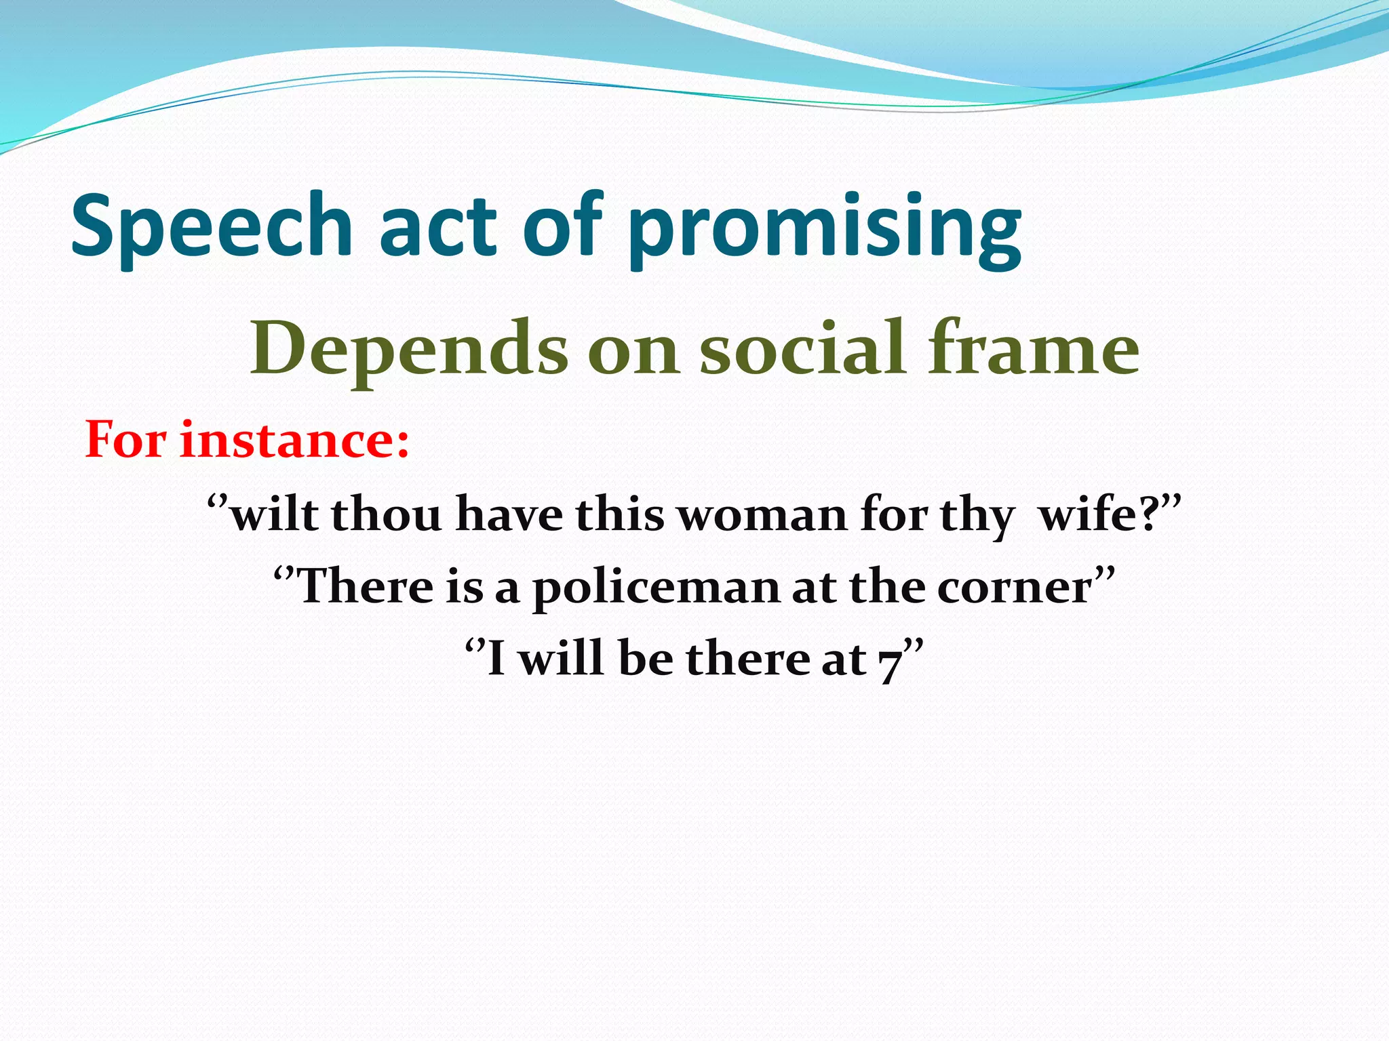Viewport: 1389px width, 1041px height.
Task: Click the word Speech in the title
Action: pyautogui.click(x=212, y=227)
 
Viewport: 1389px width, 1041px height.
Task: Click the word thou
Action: pyautogui.click(x=387, y=514)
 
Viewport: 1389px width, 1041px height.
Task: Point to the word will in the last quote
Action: pyautogui.click(x=561, y=659)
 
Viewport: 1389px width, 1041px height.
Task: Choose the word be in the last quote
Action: pyautogui.click(x=645, y=659)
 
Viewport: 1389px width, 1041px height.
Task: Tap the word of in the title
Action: pyautogui.click(x=562, y=227)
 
